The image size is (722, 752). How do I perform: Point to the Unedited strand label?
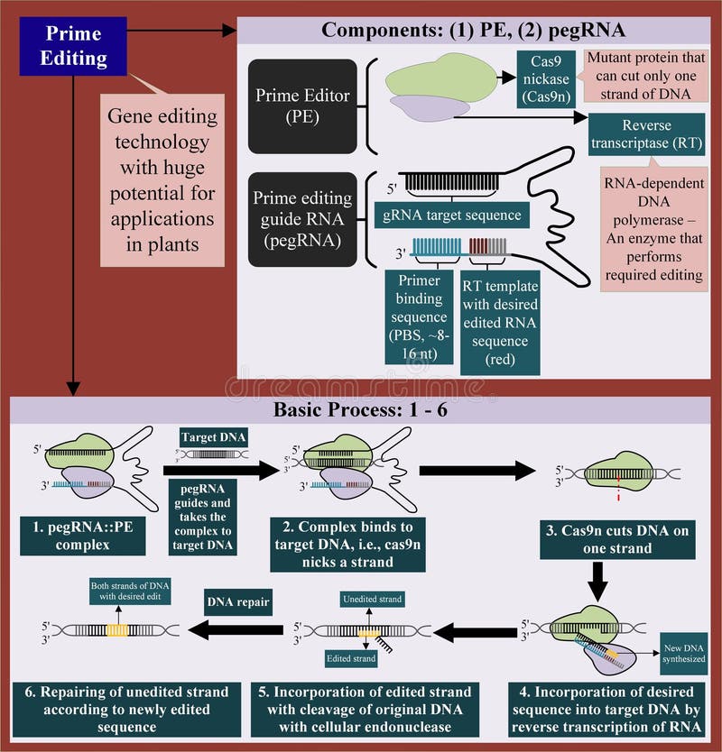pos(372,599)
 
